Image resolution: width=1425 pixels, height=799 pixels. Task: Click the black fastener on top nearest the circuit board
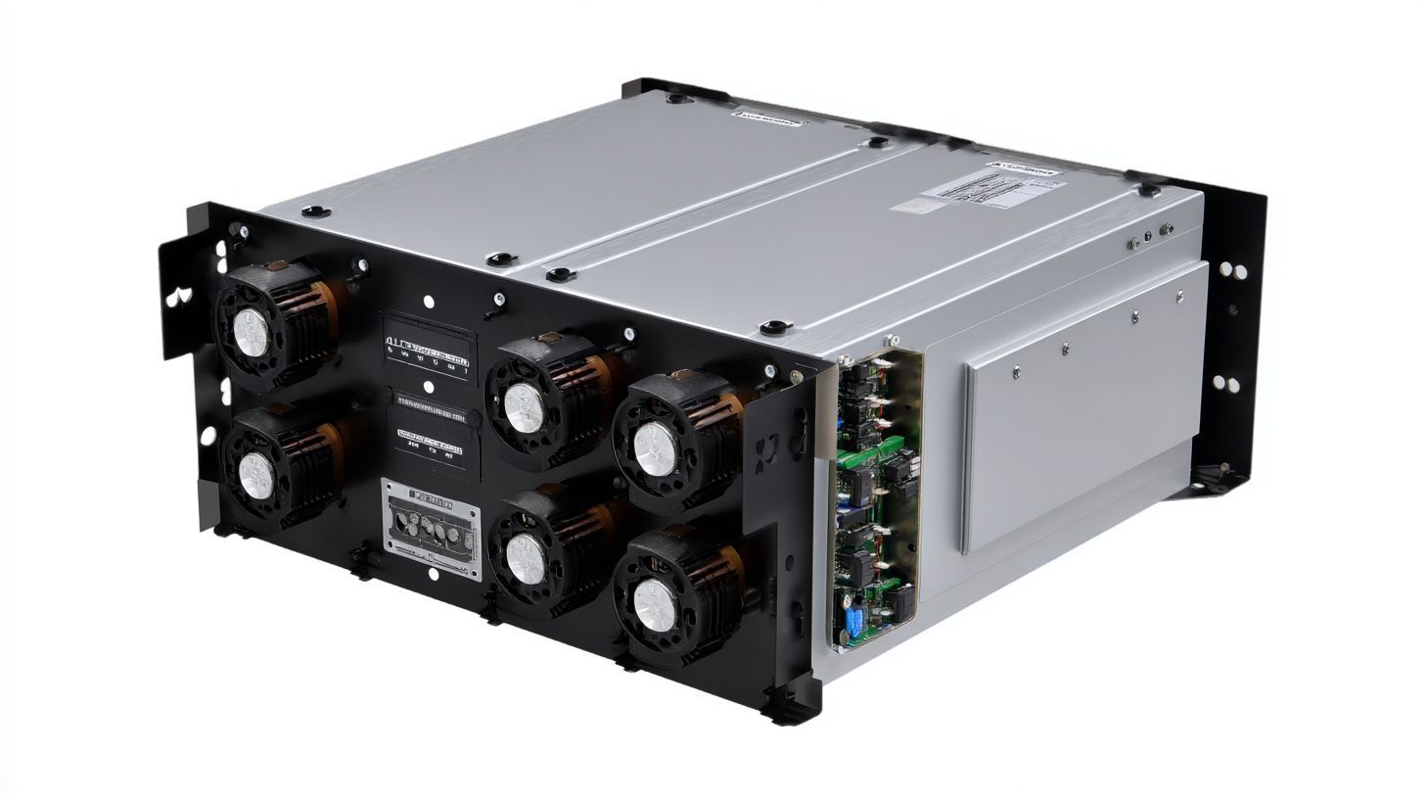tap(774, 327)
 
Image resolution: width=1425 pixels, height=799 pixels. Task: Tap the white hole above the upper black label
tap(429, 302)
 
